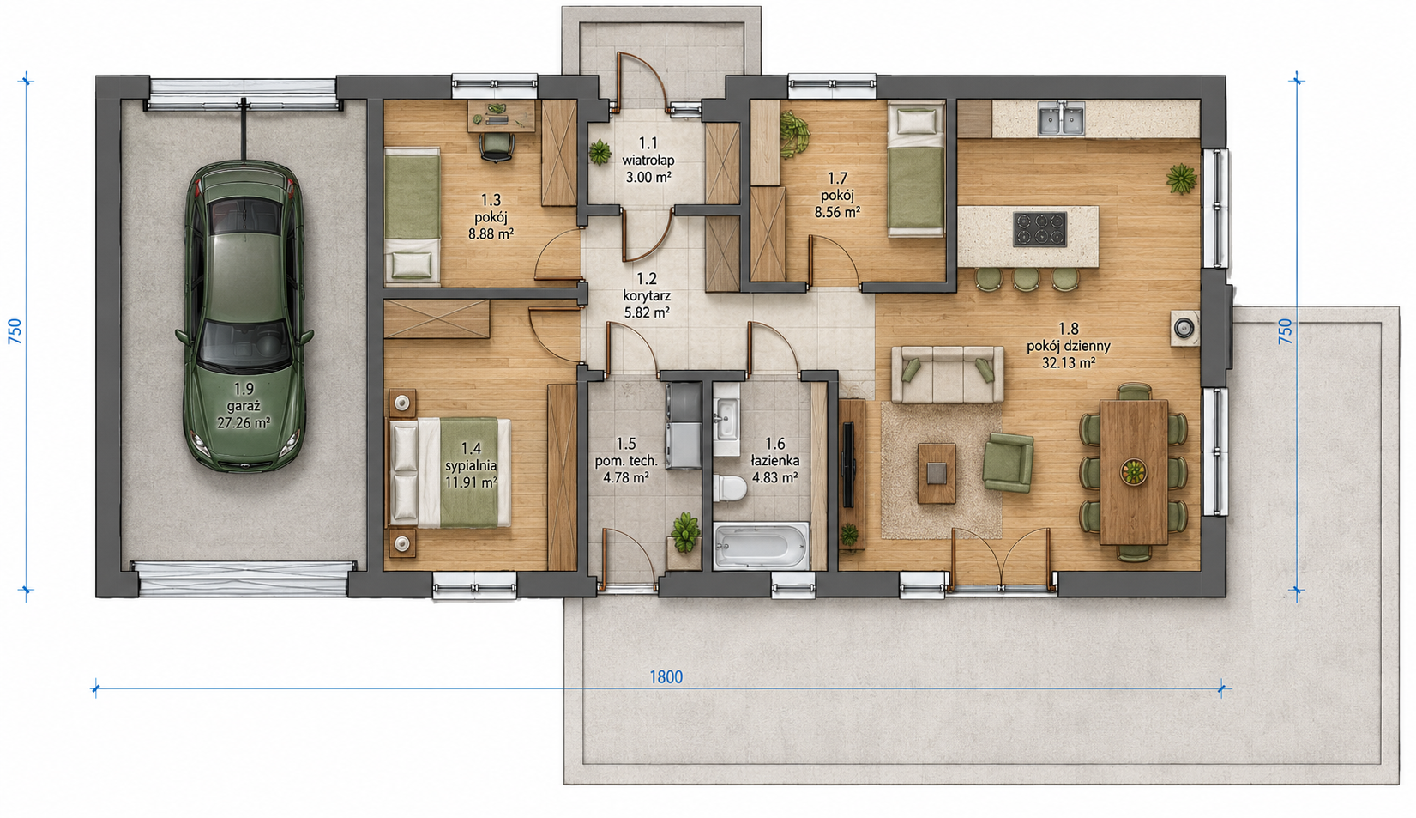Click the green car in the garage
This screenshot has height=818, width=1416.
tap(244, 317)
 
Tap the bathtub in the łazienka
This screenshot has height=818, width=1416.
tap(761, 545)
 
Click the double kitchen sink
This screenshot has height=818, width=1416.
tap(1062, 119)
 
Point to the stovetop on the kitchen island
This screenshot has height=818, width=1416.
tap(1039, 229)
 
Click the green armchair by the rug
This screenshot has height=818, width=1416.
tap(1008, 462)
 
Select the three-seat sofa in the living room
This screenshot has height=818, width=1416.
tap(947, 374)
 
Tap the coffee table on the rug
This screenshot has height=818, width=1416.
tap(937, 473)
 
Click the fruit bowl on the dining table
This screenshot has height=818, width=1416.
tap(1134, 472)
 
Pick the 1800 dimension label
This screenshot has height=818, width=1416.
tap(666, 677)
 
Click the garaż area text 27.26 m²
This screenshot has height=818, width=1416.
tap(244, 422)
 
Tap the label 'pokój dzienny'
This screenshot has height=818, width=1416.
tap(1069, 346)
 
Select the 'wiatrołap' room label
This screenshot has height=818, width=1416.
tap(648, 160)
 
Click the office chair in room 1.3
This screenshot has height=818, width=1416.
tap(497, 147)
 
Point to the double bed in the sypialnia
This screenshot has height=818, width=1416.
tap(451, 472)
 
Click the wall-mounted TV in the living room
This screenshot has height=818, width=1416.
tap(848, 465)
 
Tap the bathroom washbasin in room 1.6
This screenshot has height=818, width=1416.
tap(727, 419)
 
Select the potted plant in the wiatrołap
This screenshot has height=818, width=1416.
tap(600, 153)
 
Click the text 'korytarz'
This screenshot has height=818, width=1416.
tap(647, 295)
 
